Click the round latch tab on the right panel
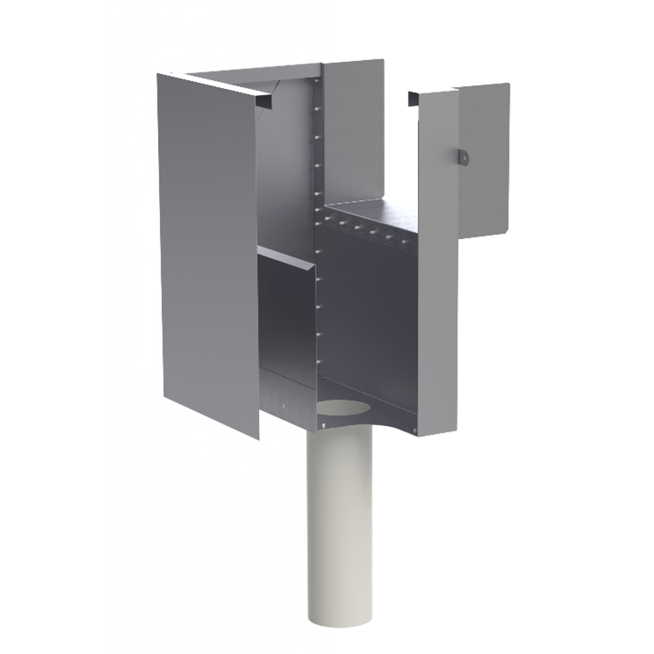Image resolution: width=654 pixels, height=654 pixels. (463, 156)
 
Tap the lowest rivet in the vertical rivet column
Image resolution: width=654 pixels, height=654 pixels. (318, 362)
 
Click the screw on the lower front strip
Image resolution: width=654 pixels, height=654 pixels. (283, 406)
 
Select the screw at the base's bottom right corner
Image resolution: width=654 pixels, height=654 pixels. (415, 431)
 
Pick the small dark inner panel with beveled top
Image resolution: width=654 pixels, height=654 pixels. (286, 315)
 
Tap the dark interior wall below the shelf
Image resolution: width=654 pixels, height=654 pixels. (369, 315)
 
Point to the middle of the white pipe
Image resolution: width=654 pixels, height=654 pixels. (340, 521)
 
